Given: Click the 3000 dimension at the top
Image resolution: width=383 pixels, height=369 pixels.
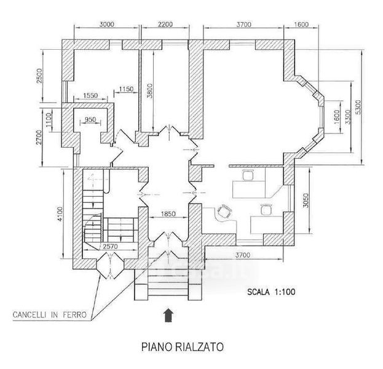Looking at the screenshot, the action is (107, 24).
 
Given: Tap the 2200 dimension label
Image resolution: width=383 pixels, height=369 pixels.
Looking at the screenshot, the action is (165, 24).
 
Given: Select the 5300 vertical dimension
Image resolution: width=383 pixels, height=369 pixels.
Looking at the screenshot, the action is (358, 107).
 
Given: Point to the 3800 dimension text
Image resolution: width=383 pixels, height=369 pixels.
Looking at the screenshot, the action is (150, 91).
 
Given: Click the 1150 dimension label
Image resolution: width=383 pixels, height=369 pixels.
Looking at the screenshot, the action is (126, 89).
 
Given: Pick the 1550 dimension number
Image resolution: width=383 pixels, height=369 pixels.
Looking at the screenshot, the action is (90, 95).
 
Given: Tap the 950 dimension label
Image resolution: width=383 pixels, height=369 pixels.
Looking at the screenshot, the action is (90, 119).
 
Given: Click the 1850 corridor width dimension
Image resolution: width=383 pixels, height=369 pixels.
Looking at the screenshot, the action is (168, 214).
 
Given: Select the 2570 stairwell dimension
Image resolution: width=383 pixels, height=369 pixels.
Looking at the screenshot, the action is (110, 247).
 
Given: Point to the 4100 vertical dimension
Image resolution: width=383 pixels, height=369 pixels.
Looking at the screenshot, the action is (60, 214).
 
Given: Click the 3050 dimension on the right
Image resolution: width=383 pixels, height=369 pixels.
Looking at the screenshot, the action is (306, 200).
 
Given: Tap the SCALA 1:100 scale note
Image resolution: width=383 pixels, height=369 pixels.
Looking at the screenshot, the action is (271, 292).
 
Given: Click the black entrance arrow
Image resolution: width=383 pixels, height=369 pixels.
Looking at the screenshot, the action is (168, 315).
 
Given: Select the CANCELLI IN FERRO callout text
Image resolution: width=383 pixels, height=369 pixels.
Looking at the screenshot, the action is (50, 315).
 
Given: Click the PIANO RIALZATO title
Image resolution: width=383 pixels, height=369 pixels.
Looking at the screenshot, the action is (183, 347).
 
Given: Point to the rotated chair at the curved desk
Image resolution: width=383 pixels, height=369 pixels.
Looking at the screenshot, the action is (224, 212).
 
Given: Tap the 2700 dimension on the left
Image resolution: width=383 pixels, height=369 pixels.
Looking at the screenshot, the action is (39, 137).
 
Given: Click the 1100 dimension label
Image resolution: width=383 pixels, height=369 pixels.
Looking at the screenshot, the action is (49, 120).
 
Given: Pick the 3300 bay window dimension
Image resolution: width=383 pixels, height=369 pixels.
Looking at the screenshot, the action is (348, 117).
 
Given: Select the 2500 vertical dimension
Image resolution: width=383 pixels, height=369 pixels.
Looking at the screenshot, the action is (39, 76).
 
